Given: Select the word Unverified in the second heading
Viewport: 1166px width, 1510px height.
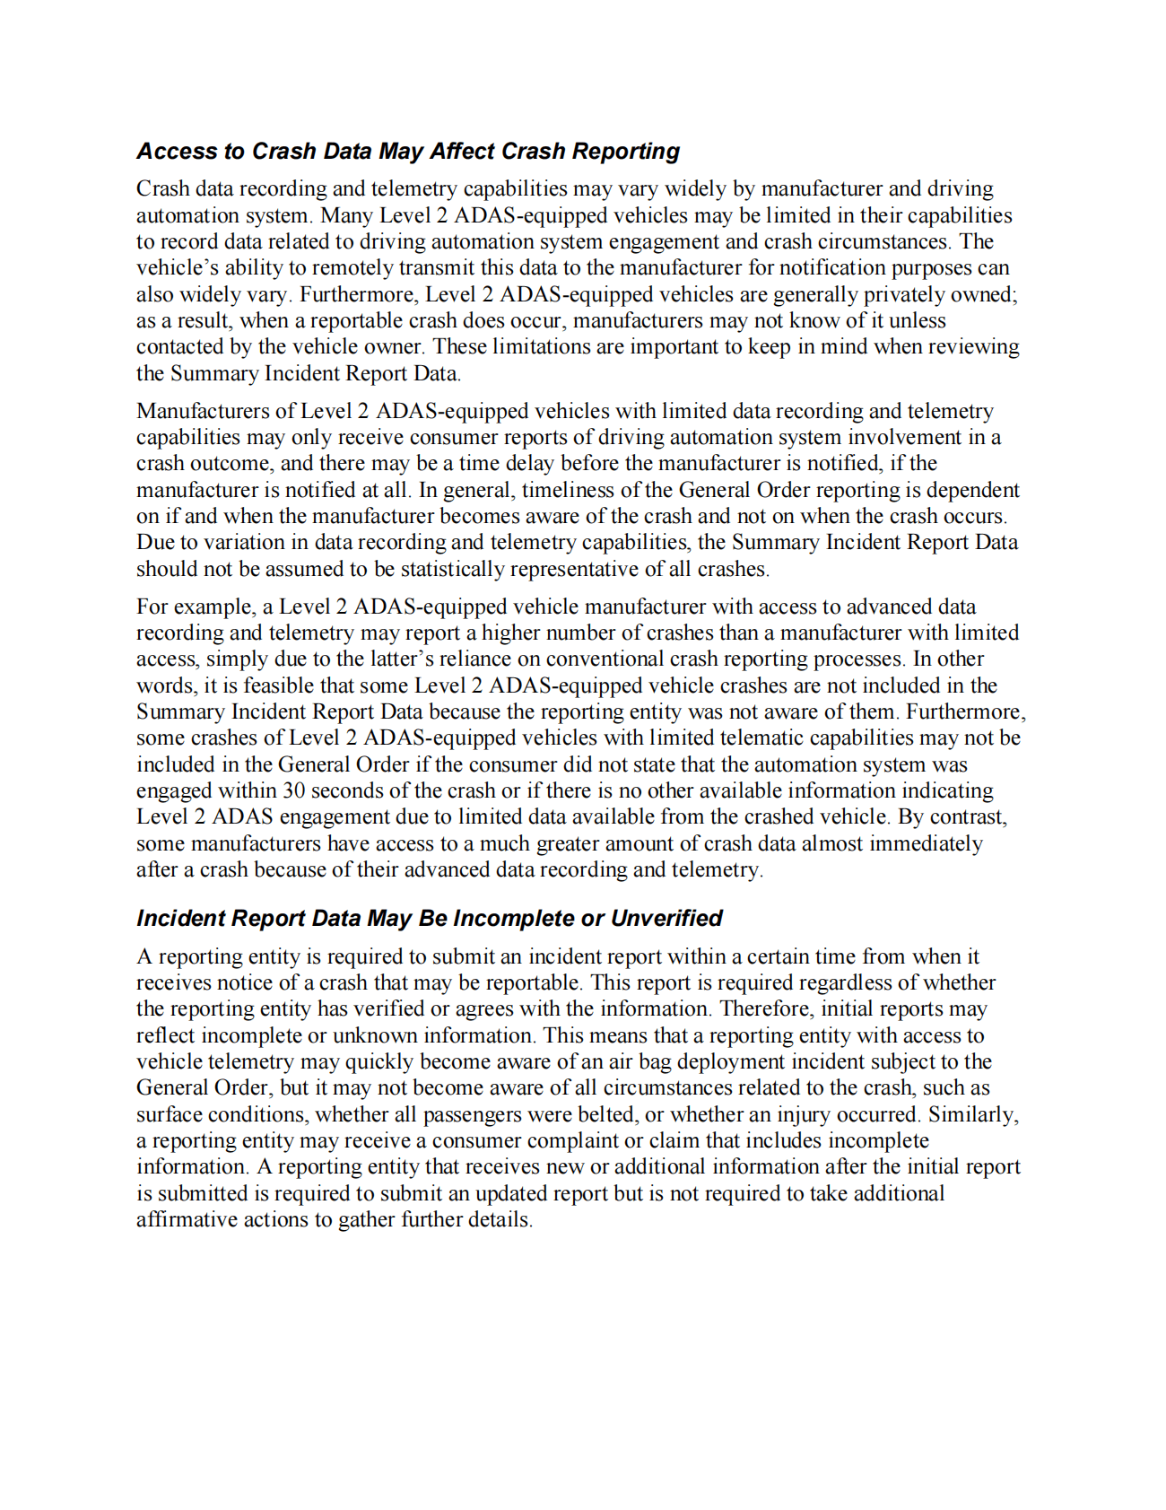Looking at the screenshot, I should [666, 918].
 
